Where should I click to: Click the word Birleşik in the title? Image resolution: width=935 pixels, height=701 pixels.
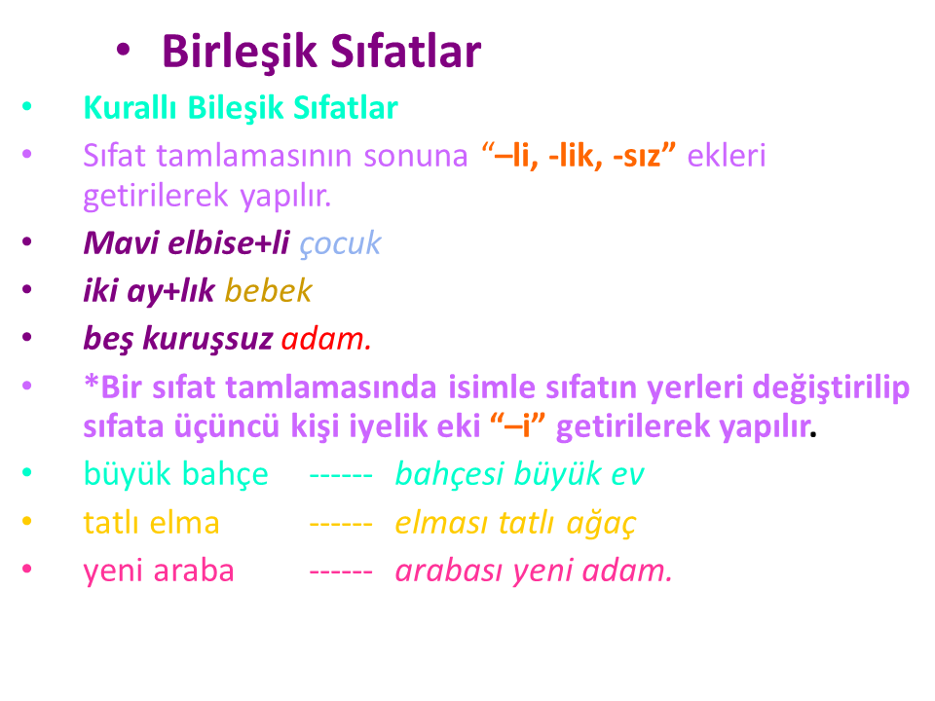240,53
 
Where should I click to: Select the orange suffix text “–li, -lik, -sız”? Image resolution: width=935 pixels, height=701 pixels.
579,156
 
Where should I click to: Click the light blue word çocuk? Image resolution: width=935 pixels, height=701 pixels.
340,243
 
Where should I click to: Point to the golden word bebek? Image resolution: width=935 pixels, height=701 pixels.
269,291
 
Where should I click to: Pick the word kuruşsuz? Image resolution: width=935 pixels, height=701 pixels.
207,339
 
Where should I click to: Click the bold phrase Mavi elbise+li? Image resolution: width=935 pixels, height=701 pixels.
187,242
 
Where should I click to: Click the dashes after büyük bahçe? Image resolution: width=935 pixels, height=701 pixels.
341,476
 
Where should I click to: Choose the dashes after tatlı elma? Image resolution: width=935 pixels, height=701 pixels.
341,525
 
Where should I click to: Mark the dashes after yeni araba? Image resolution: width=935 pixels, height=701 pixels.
341,572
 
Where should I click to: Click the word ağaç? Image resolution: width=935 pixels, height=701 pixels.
601,524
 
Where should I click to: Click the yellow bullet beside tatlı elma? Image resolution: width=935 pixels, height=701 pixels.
27,521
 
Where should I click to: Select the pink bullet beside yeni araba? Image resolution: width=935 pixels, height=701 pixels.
27,569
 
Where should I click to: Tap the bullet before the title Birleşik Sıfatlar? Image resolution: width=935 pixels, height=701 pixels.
123,50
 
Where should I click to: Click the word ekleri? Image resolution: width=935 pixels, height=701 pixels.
727,156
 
